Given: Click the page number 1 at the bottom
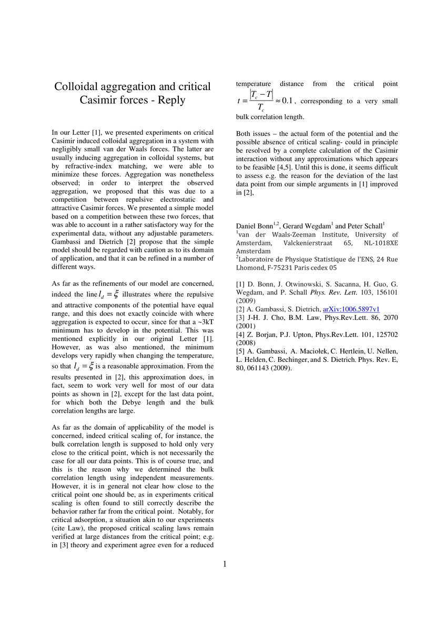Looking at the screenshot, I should [225, 564].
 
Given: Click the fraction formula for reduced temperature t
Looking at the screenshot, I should [261, 101].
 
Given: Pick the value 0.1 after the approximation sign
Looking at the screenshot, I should [290, 101].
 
